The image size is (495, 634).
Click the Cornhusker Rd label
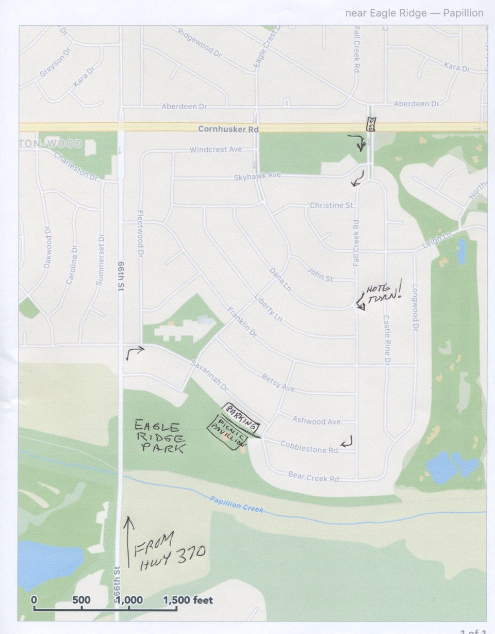228,129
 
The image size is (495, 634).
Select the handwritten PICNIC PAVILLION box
228,434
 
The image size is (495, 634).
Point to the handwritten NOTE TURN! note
382,295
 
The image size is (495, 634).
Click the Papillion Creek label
237,506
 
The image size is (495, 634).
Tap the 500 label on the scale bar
81,600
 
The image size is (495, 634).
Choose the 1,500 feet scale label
188,600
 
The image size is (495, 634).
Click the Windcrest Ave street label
216,150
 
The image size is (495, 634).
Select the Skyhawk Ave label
257,175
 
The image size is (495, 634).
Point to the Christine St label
331,205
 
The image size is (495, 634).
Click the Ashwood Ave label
316,421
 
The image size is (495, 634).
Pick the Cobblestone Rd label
309,447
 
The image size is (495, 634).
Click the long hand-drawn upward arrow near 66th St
129,542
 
